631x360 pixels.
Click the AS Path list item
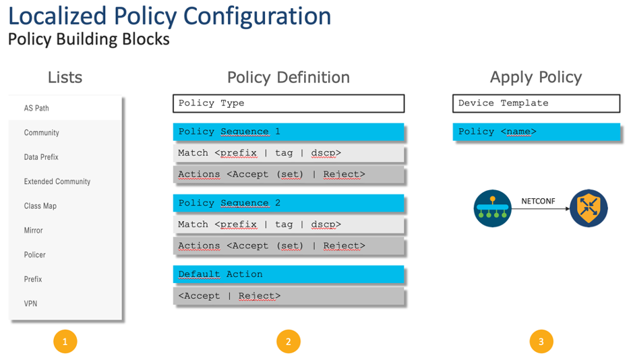36,108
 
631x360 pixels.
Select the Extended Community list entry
57,181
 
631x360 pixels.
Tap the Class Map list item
40,206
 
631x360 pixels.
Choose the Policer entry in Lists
35,255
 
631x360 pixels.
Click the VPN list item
31,303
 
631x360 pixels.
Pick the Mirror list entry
34,231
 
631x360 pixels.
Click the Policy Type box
289,103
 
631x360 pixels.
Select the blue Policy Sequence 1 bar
289,131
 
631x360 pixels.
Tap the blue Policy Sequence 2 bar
289,203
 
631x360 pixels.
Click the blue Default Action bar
289,274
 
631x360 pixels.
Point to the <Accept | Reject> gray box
289,296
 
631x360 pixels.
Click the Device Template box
536,103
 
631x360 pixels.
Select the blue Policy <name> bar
536,131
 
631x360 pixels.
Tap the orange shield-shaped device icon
588,208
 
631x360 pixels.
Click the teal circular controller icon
492,208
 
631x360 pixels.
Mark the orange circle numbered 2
288,342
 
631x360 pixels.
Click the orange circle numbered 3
541,342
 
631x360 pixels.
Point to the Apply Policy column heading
536,77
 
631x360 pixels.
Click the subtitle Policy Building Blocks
88,39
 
